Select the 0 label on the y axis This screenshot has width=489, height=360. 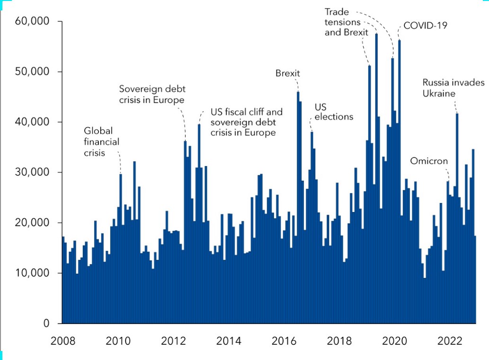(x=46, y=324)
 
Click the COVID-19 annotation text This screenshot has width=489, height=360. (x=425, y=26)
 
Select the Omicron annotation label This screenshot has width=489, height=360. (x=429, y=161)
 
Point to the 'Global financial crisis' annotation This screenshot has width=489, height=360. (x=101, y=141)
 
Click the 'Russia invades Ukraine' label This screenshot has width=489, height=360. (x=453, y=88)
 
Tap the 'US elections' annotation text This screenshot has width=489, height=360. (x=334, y=112)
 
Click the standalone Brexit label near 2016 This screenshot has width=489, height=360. (x=288, y=73)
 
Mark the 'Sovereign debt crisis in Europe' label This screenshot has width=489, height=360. (x=152, y=94)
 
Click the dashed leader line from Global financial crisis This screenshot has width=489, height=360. (x=120, y=163)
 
